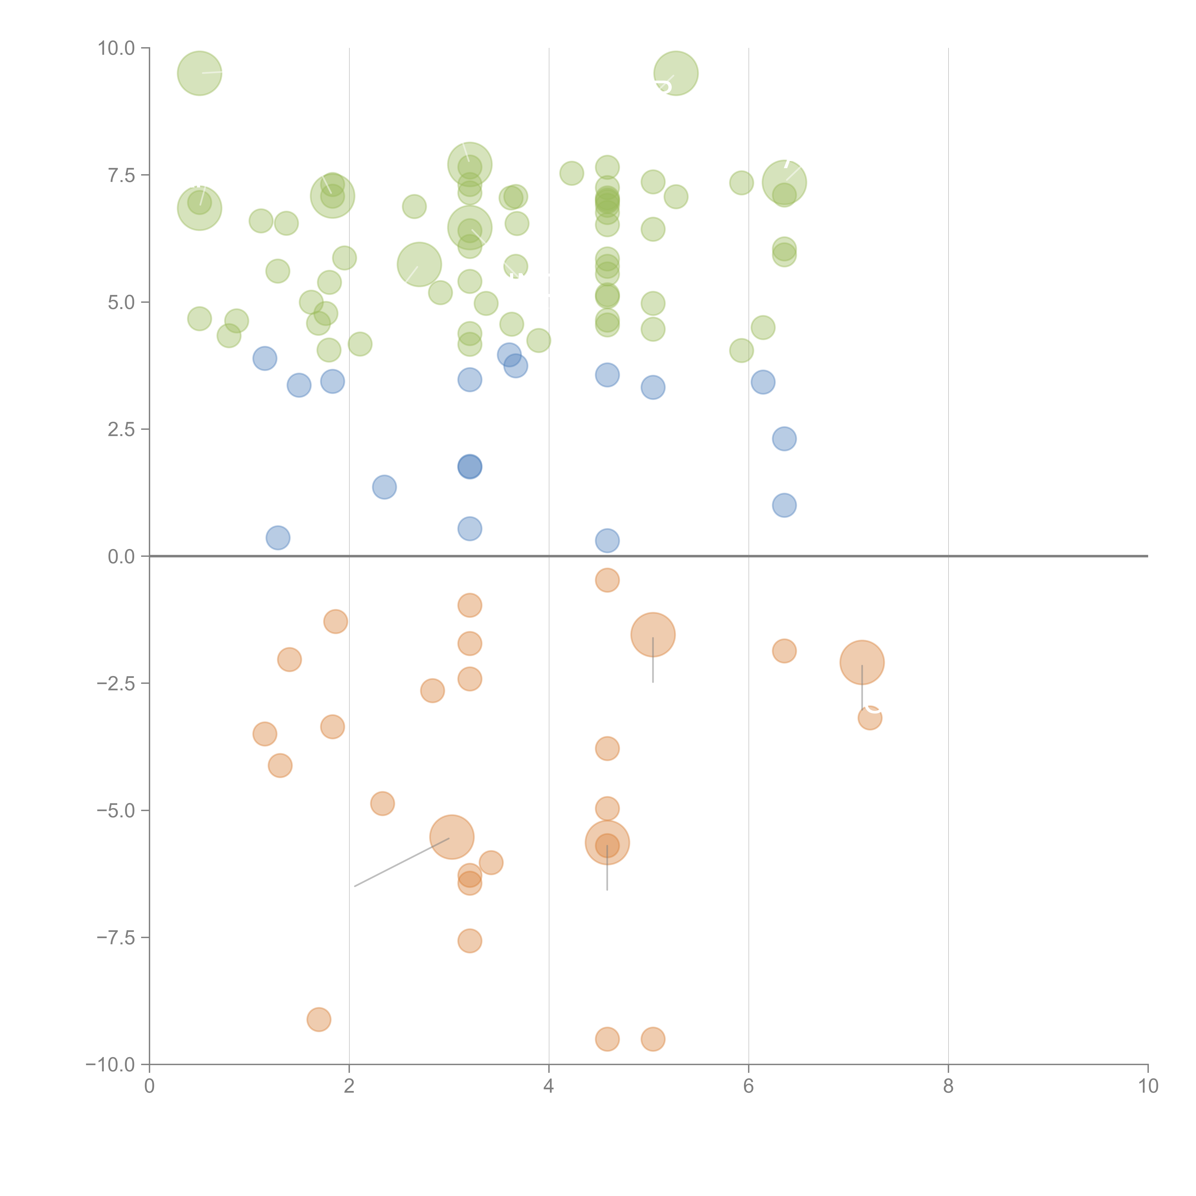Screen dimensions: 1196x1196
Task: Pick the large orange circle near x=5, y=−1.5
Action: (653, 635)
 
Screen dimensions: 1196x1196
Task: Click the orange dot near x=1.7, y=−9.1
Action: (319, 1019)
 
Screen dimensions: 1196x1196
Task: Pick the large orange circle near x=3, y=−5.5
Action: (452, 838)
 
